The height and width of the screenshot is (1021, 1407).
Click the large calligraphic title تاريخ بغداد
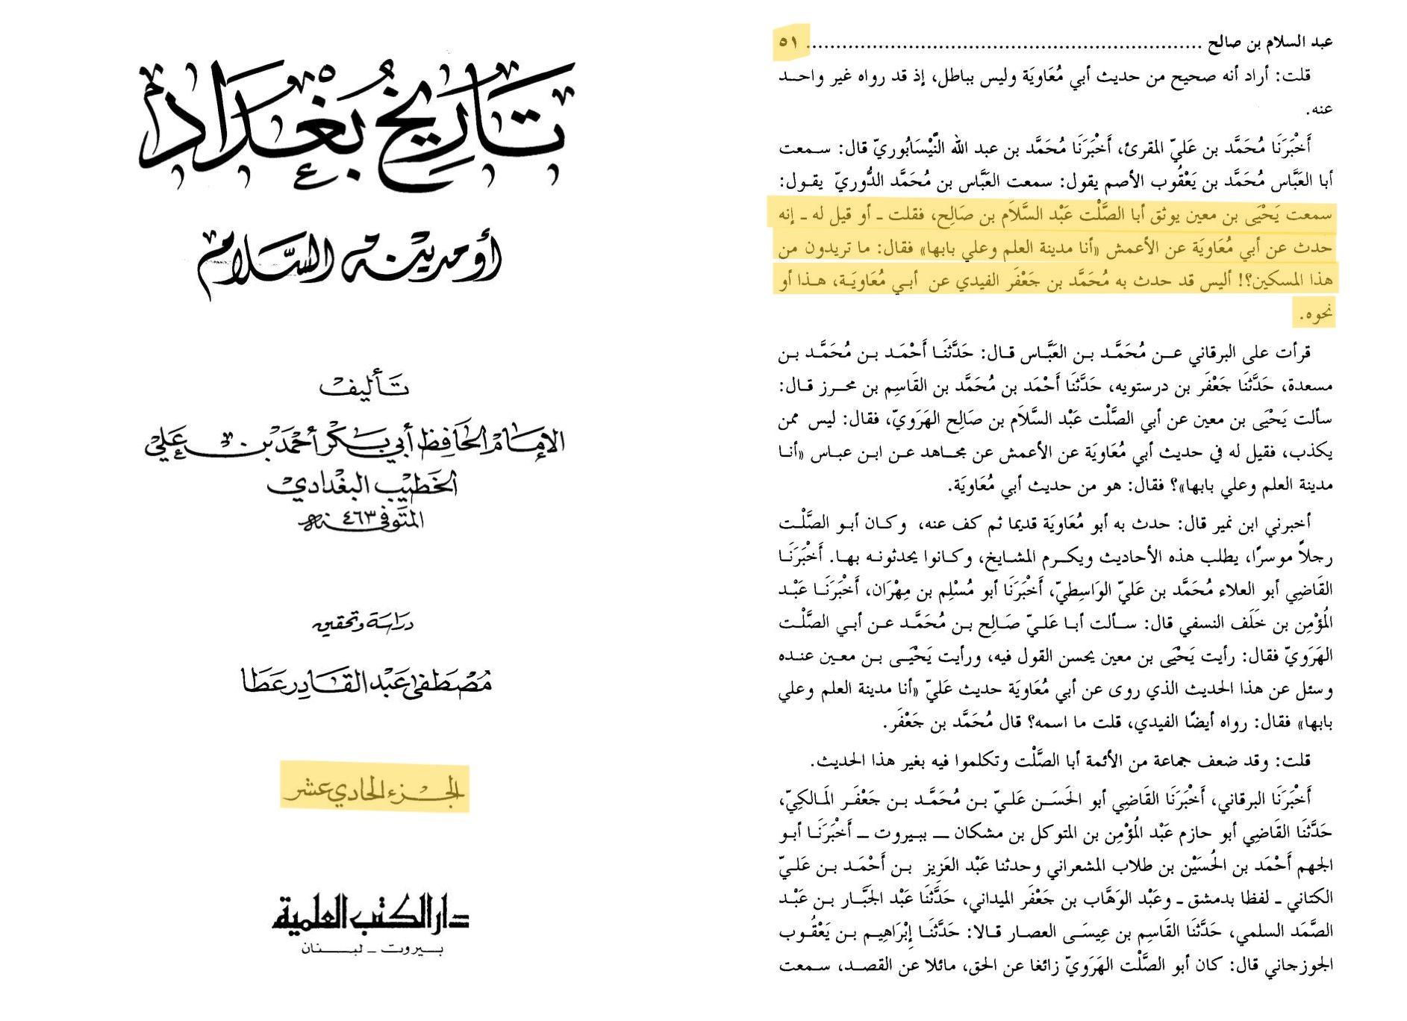tap(355, 123)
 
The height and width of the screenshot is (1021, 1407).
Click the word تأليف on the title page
tap(364, 387)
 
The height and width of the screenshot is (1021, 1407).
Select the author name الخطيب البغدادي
tap(363, 484)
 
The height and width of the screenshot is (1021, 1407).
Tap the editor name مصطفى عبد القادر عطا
tap(366, 681)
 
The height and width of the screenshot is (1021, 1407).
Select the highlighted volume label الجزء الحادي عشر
tap(374, 789)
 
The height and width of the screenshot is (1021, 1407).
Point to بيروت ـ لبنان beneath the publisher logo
tap(371, 950)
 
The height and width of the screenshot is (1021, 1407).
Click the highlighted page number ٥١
tap(789, 42)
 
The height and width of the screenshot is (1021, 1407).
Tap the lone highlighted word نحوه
tap(1314, 315)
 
